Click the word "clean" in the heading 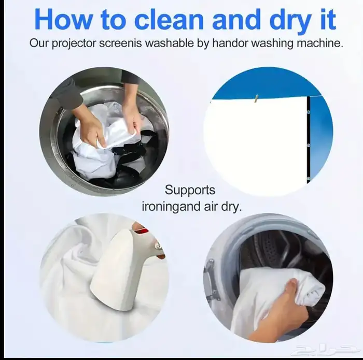tap(169, 19)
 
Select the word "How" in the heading tap(63, 19)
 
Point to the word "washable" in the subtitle tap(169, 43)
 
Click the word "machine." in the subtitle tap(320, 43)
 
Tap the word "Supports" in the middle tap(190, 191)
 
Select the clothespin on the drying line tap(256, 99)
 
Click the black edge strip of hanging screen tap(309, 140)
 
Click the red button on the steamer tap(144, 230)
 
